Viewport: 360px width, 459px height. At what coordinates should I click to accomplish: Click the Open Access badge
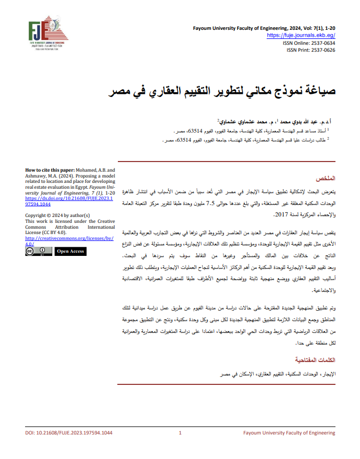point(70,251)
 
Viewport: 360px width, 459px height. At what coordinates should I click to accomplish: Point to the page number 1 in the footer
point(180,433)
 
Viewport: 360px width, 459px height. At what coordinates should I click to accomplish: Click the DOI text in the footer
point(69,433)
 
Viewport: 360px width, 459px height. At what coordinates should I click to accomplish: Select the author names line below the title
point(283,122)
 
